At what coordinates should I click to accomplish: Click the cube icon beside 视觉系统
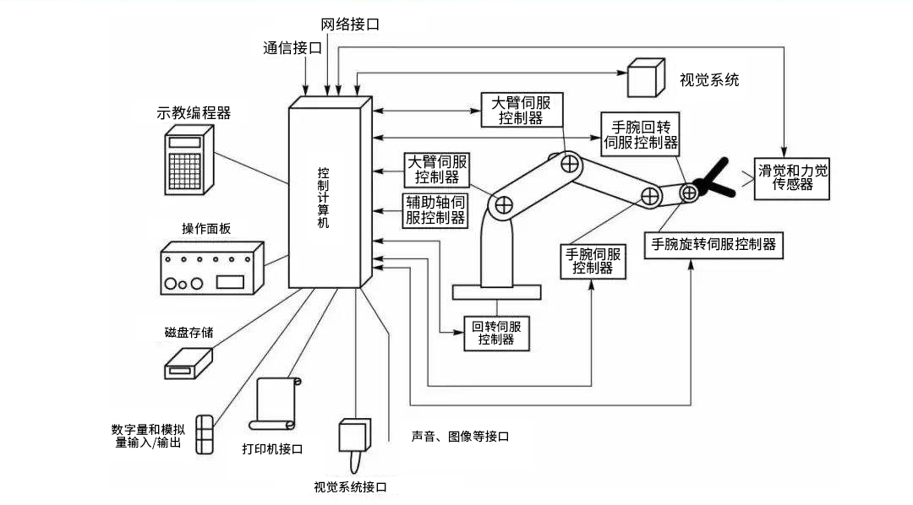tap(647, 79)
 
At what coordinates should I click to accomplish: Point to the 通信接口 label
tap(292, 48)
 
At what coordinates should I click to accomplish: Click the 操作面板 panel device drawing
tap(211, 267)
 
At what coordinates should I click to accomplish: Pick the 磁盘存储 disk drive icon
tap(188, 361)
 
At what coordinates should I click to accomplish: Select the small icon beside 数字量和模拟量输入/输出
tap(205, 434)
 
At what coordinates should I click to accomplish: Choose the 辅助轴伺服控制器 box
tap(435, 209)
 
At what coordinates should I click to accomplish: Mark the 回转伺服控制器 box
tap(496, 333)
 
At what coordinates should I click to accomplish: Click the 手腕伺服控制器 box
tap(593, 260)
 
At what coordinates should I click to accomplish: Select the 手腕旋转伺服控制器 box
tap(712, 245)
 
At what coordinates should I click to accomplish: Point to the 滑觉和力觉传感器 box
tap(792, 176)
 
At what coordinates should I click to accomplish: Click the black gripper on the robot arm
tap(712, 181)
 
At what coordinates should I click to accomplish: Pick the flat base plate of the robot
tap(496, 292)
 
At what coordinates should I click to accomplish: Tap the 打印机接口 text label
tap(272, 448)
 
